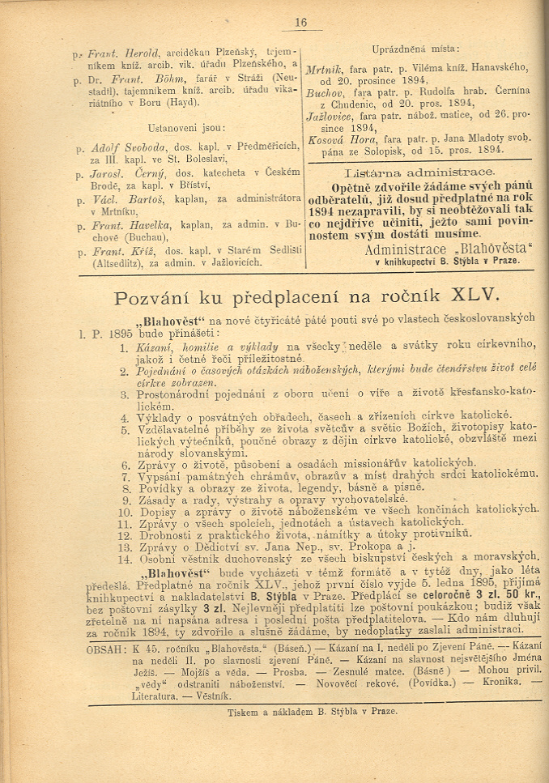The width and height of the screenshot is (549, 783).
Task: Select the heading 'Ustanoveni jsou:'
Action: tap(186, 128)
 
